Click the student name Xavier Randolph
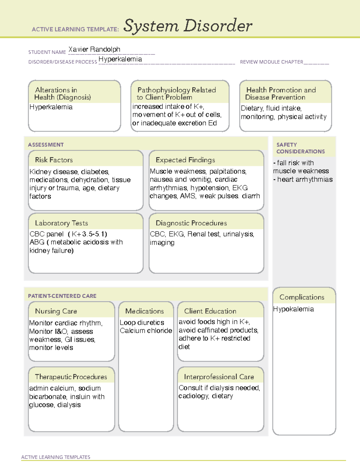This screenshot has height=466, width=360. (94, 49)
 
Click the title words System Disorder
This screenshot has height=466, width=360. (187, 26)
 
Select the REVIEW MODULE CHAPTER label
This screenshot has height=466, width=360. (271, 62)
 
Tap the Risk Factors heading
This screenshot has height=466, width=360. (54, 160)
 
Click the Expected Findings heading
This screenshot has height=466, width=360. (185, 160)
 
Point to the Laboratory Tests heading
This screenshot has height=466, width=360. (61, 223)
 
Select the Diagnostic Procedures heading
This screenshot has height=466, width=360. (191, 223)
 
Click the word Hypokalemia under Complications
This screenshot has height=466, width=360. (293, 309)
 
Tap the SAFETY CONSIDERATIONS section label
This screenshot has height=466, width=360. (300, 148)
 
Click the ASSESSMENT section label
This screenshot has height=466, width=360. (46, 145)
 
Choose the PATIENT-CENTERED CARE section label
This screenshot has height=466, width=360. (62, 296)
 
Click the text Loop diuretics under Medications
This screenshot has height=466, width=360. (142, 323)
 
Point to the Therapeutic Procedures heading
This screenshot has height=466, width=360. (71, 377)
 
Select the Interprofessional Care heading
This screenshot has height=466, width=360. (219, 377)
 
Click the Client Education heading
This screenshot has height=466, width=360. (210, 311)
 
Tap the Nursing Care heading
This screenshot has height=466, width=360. (56, 311)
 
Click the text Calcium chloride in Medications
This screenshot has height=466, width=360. (146, 331)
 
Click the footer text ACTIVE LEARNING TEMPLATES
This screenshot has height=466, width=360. (55, 457)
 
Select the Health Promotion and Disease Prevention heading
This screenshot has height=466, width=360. (281, 94)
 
